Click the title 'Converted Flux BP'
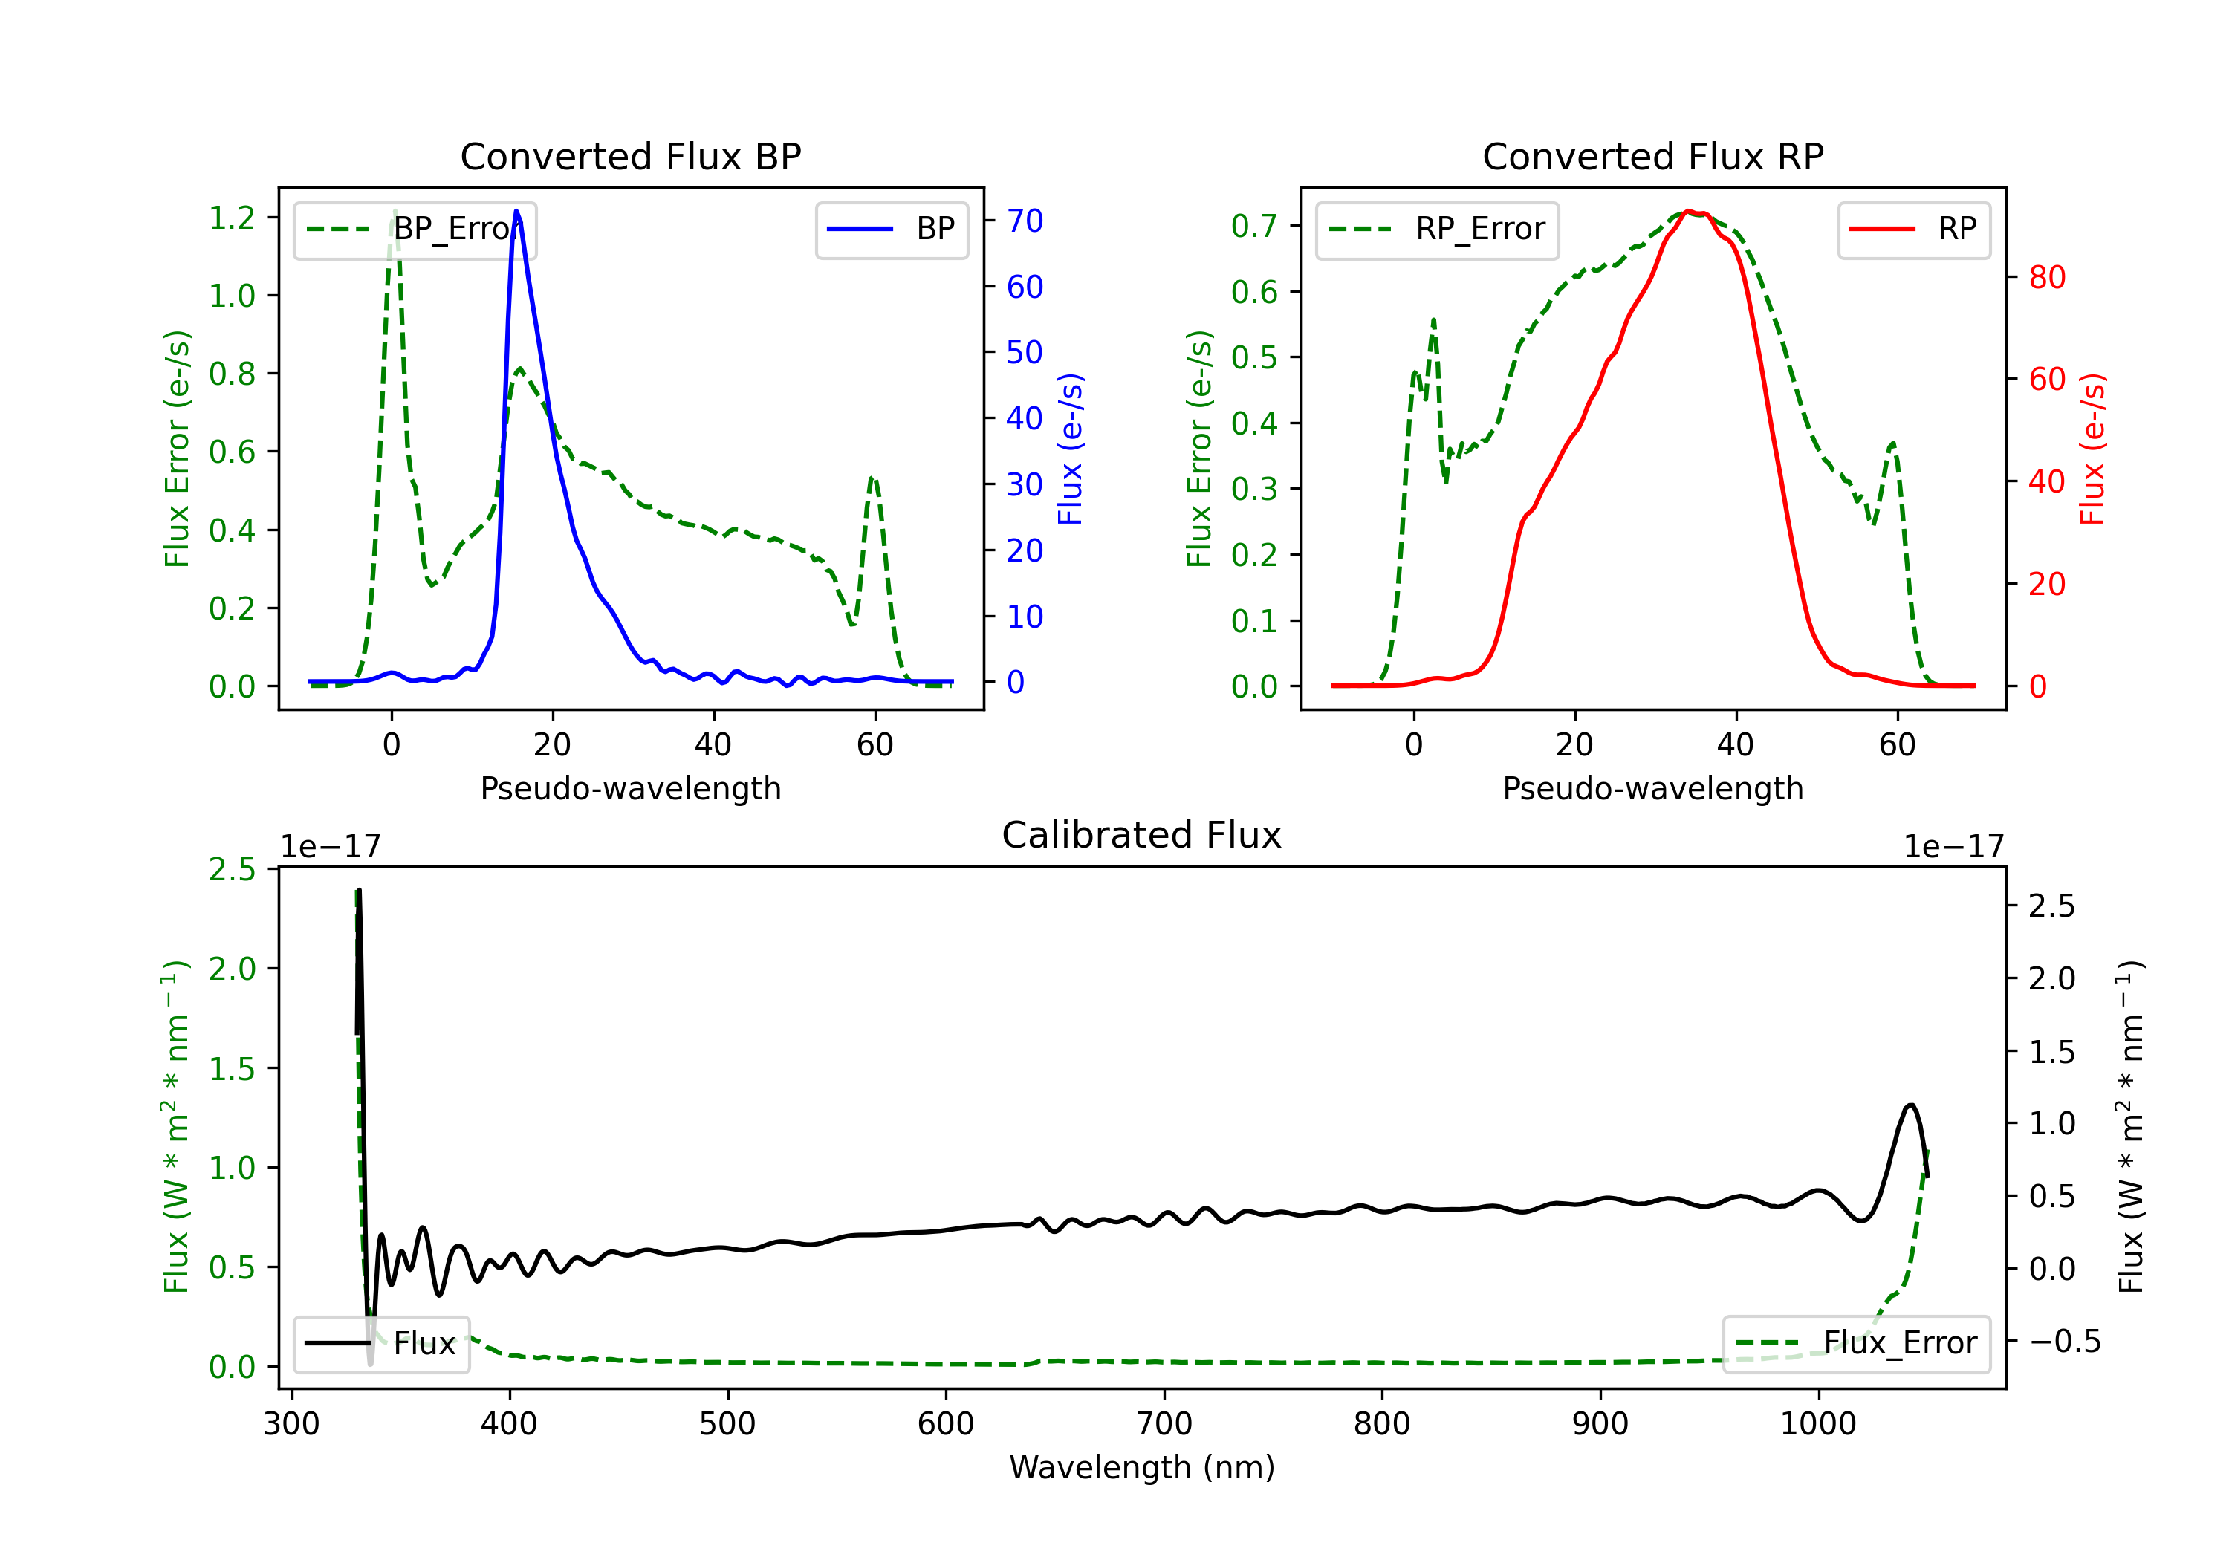(630, 156)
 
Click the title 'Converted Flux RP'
(1652, 156)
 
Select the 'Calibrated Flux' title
(1142, 835)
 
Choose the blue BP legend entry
(891, 229)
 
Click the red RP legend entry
(1913, 229)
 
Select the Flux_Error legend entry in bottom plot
(1856, 1344)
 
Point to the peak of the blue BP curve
(516, 211)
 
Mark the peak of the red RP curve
(1690, 211)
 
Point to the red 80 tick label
(2048, 278)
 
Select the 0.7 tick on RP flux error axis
(1254, 226)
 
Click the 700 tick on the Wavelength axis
(1164, 1424)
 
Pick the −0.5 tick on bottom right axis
(2064, 1342)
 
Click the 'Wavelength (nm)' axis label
(1142, 1468)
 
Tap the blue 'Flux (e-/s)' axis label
(1070, 449)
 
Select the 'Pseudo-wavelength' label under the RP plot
(1652, 788)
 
